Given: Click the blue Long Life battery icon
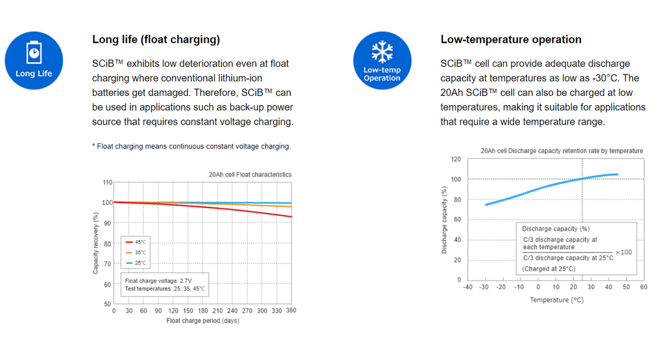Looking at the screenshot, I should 34,61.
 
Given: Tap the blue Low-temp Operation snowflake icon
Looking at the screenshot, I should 382,61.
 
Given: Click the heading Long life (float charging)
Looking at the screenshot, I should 156,40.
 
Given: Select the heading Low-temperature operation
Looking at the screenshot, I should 510,40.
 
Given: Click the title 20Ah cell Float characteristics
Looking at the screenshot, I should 250,174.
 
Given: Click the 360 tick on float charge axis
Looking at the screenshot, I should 291,311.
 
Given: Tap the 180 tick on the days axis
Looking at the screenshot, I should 202,311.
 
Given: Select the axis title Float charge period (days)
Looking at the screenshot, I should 202,321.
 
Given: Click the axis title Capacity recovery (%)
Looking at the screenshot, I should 96,243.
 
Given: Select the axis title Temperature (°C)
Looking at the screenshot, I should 557,300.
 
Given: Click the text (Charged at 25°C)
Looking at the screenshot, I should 549,269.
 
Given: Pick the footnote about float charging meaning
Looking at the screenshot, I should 191,147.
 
